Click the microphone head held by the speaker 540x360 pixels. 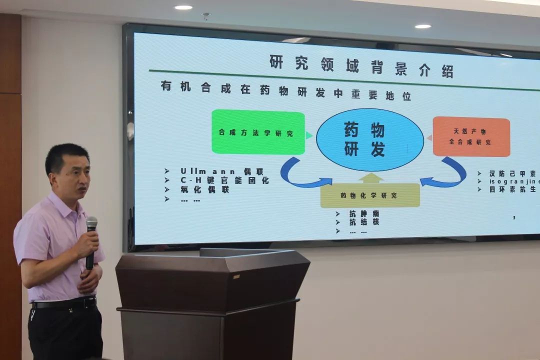tap(91, 223)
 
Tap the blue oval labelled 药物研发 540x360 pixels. tap(370, 140)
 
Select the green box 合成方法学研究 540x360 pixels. tap(258, 133)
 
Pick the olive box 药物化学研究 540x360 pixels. tap(370, 195)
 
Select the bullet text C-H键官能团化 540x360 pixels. tap(225, 180)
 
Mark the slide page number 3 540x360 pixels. tap(514, 218)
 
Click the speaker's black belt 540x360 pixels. tap(65, 303)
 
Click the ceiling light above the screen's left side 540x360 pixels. tap(183, 7)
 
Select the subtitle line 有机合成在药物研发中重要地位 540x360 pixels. tap(285, 91)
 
